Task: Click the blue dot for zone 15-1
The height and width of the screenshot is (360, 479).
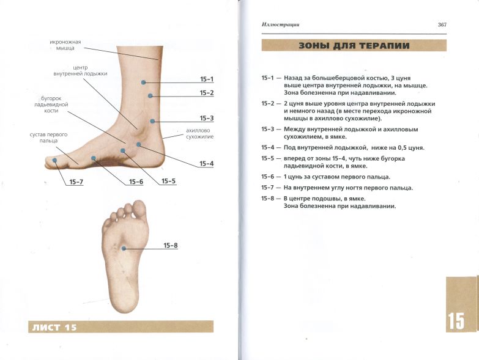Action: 143,82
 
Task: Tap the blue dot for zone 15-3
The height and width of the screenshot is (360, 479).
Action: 152,121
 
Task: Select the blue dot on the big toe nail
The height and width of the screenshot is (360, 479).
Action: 54,160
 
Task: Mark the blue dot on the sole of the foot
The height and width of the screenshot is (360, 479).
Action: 124,248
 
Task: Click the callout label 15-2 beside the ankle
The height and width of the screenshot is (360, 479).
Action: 207,93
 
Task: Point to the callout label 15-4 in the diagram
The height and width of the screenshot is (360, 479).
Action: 207,164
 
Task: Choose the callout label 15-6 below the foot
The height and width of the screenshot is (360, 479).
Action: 136,182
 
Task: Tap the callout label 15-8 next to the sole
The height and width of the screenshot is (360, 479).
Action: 171,245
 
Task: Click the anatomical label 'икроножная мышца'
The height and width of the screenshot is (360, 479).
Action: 65,45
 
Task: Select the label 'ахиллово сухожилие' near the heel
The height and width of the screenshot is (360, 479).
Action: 200,134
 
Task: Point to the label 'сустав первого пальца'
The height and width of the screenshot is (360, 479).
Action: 48,138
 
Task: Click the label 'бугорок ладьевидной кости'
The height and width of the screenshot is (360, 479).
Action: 51,105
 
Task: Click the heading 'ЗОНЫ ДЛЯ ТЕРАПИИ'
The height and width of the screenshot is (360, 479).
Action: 354,46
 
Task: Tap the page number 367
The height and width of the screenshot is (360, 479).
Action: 442,24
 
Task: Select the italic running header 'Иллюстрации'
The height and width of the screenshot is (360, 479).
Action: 280,24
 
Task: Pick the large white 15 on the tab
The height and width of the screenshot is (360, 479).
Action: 456,321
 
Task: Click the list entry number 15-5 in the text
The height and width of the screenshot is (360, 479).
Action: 267,159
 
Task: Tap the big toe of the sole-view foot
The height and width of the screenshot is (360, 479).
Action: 139,209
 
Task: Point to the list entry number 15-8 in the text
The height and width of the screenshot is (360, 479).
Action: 267,199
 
